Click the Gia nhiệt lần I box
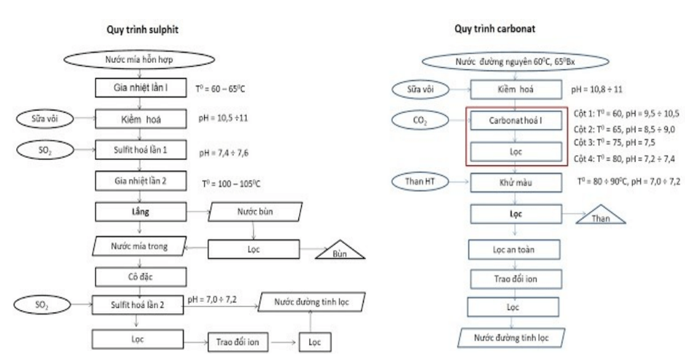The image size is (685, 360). [x=140, y=88]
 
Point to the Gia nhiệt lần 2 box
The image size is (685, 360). [x=140, y=182]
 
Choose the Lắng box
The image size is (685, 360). [x=139, y=212]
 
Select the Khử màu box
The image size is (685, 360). [x=516, y=182]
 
